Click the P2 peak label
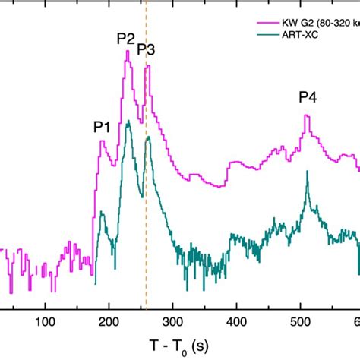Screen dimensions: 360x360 click(x=126, y=38)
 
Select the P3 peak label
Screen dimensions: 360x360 click(x=146, y=50)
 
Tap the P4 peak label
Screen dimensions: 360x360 click(x=308, y=96)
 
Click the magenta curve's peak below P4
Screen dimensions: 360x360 click(x=306, y=115)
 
